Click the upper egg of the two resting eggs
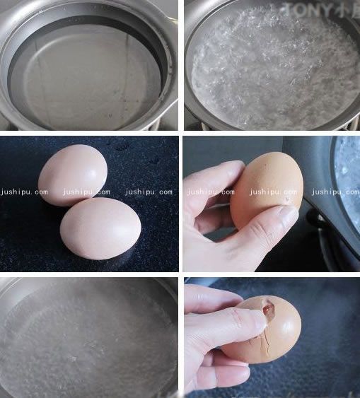(x=72, y=174)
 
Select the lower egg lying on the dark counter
(x=100, y=228)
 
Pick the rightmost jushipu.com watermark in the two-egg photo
(x=149, y=192)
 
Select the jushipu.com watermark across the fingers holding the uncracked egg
(x=211, y=192)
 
